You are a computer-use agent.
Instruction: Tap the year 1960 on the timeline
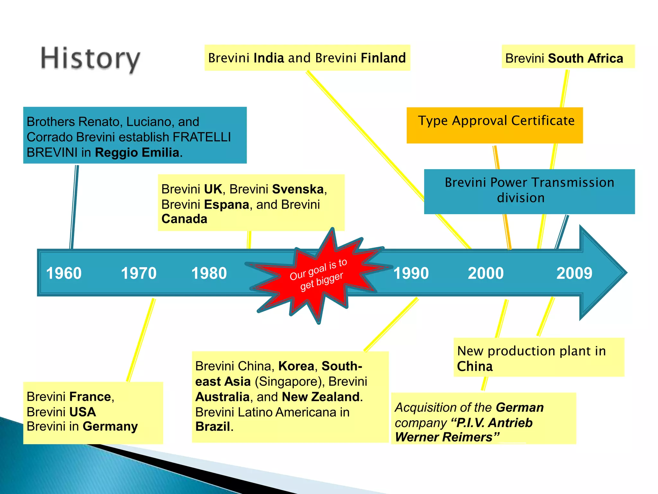(x=64, y=273)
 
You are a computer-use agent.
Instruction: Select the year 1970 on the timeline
(x=138, y=273)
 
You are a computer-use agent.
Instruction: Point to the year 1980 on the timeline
(x=209, y=273)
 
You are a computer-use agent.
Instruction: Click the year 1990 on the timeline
(x=411, y=273)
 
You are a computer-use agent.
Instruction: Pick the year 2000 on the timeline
(x=485, y=273)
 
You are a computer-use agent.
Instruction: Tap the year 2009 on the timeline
(x=574, y=273)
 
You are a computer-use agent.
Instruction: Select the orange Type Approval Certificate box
(x=494, y=125)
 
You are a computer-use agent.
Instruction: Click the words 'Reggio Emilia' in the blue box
(x=137, y=152)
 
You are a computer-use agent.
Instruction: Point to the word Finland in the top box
(x=383, y=58)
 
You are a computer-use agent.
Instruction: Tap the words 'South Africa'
(x=585, y=59)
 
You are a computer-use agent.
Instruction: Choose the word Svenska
(x=298, y=189)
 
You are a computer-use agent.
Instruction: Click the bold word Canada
(x=184, y=219)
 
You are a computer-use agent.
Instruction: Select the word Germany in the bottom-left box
(x=110, y=426)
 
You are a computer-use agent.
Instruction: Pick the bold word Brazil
(x=213, y=427)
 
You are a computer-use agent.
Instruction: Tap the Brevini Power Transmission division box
(x=529, y=191)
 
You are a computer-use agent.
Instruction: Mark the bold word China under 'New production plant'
(x=475, y=367)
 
